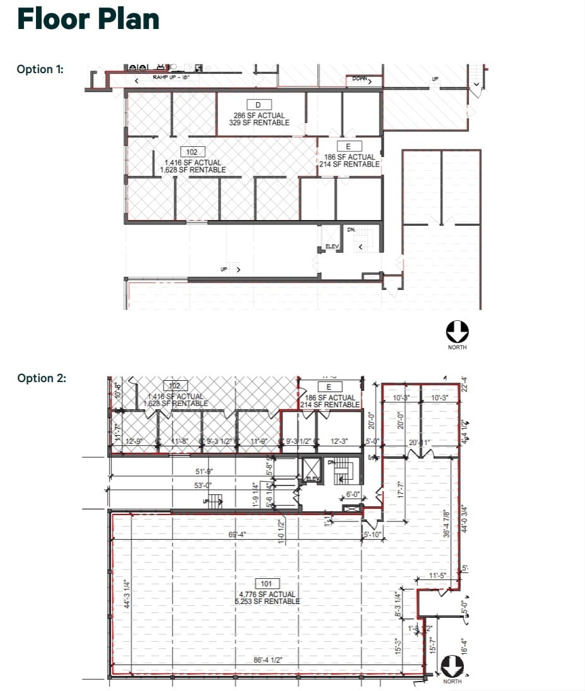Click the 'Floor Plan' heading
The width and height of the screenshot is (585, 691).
(x=88, y=19)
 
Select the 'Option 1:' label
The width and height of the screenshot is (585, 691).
(x=40, y=69)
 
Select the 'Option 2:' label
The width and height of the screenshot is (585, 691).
(x=42, y=378)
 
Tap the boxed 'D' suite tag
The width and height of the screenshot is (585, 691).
(x=258, y=105)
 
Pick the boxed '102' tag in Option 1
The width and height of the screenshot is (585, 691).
(x=192, y=152)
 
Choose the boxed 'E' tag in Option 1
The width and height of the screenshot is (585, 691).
(x=349, y=146)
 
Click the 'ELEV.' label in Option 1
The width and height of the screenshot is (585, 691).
(x=332, y=246)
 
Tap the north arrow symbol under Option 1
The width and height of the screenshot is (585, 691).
(x=457, y=331)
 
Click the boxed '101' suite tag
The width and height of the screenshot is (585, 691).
(x=266, y=584)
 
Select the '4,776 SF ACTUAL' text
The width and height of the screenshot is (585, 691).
(x=266, y=594)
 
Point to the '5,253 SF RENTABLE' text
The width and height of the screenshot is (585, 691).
(x=266, y=601)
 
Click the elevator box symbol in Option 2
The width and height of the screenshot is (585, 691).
(x=311, y=469)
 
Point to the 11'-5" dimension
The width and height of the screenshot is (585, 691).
(x=437, y=576)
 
